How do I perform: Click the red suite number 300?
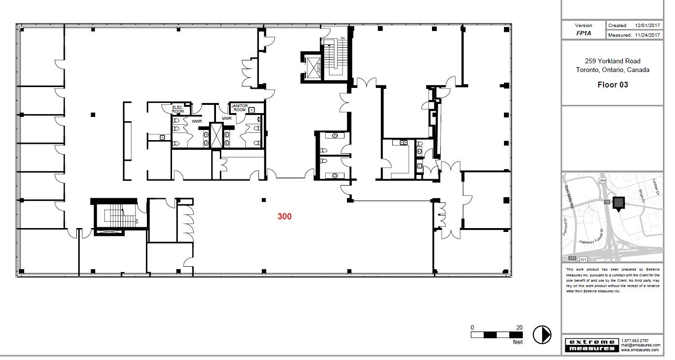click(x=284, y=216)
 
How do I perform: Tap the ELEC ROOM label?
click(x=178, y=109)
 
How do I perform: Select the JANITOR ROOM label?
click(x=239, y=108)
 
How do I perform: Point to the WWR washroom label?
click(x=197, y=121)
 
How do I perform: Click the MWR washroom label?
click(x=227, y=118)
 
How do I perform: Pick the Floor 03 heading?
click(x=613, y=85)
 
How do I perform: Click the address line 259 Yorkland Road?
click(x=613, y=61)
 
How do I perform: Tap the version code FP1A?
click(x=583, y=34)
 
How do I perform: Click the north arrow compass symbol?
click(x=542, y=334)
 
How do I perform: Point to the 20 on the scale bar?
click(x=519, y=328)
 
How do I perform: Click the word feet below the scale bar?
click(x=517, y=342)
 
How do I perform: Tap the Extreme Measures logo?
click(x=592, y=345)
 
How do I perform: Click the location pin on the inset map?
click(x=618, y=204)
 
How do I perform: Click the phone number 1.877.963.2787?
click(x=635, y=341)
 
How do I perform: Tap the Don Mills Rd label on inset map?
click(x=568, y=197)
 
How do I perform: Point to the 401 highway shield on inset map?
click(x=583, y=259)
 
